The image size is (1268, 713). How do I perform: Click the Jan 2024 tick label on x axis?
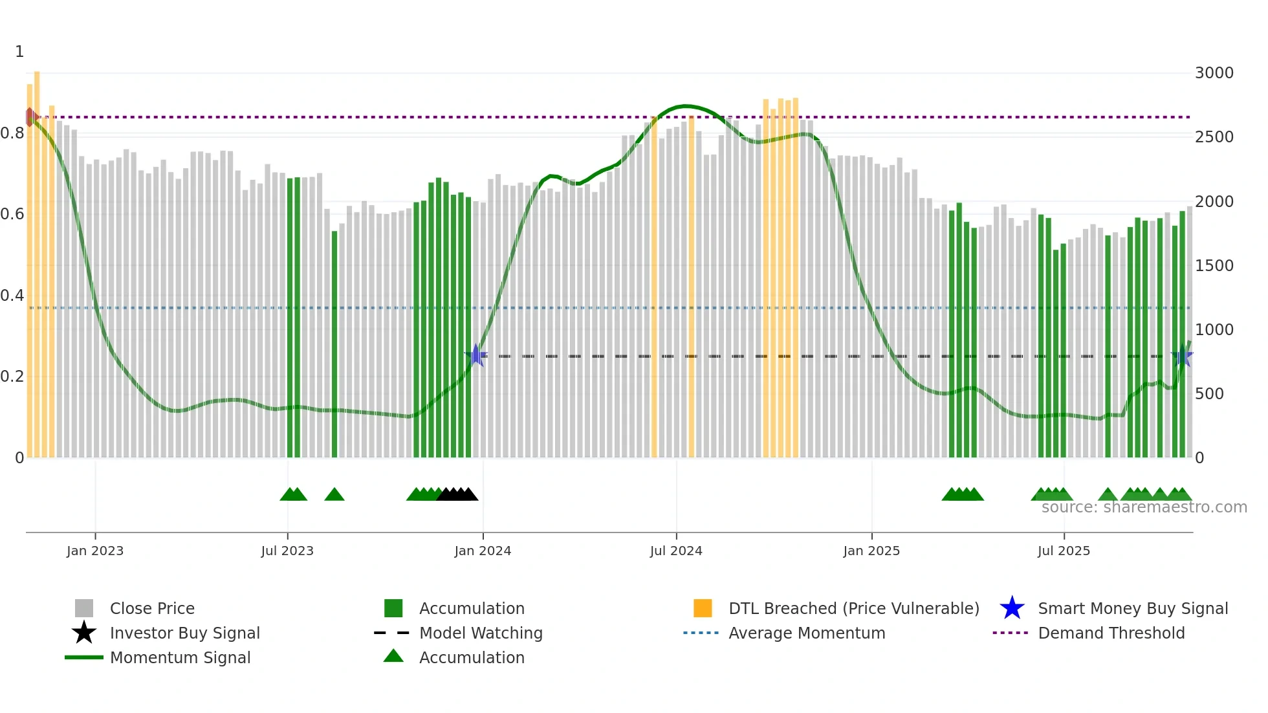[483, 551]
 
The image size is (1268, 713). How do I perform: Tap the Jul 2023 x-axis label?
[287, 551]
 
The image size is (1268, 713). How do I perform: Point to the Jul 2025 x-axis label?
[1064, 551]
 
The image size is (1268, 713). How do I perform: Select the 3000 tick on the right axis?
[1214, 73]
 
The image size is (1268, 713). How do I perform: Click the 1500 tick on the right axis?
[1214, 266]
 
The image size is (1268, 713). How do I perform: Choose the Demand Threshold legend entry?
[1111, 633]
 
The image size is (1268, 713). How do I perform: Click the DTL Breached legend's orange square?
[703, 608]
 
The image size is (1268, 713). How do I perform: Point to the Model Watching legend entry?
[481, 633]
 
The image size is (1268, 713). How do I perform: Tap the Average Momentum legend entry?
[807, 633]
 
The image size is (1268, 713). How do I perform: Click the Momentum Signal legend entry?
[180, 657]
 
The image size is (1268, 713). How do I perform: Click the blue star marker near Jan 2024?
[476, 355]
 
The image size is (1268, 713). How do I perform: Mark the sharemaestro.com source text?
[1144, 507]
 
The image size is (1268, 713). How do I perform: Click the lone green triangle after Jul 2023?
[334, 495]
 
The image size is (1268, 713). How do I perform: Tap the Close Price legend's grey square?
[84, 608]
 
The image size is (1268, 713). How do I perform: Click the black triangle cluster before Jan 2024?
[457, 495]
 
